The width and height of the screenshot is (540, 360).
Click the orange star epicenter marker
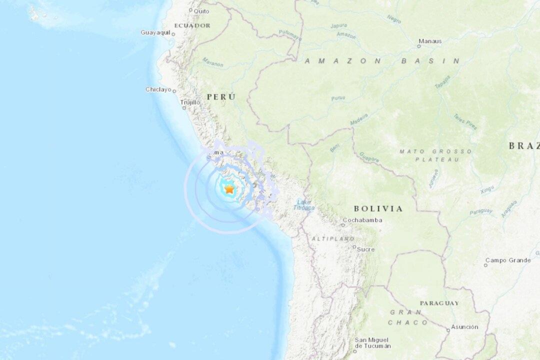click(x=229, y=189)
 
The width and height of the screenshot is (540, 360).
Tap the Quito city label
click(x=201, y=10)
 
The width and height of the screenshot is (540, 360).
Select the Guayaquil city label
click(x=155, y=32)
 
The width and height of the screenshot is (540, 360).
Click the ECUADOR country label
click(x=192, y=25)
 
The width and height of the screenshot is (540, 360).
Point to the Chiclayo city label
click(x=158, y=89)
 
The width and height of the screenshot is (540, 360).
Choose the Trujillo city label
click(x=190, y=102)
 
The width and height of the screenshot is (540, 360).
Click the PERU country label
click(x=220, y=96)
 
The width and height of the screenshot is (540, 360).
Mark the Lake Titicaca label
click(x=303, y=204)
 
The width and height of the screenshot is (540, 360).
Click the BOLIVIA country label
click(x=378, y=208)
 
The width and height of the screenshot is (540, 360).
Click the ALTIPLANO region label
click(x=333, y=239)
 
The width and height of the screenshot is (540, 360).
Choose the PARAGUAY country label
click(x=439, y=303)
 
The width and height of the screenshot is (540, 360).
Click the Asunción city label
click(x=464, y=327)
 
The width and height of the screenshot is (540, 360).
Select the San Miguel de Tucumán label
click(x=372, y=342)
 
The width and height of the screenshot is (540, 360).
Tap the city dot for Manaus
click(x=419, y=46)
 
